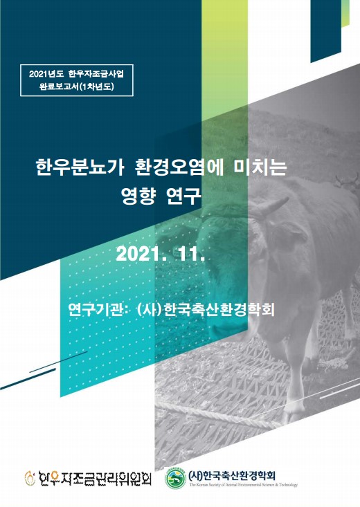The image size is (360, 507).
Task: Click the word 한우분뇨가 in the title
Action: [80, 168]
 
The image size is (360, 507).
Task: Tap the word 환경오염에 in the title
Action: [174, 168]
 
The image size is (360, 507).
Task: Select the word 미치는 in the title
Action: [258, 168]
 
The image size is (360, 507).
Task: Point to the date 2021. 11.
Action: [161, 255]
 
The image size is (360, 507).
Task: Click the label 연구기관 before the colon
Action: [96, 309]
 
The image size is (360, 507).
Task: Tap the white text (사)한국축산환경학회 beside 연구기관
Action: [206, 309]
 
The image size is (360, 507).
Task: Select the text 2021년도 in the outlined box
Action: [47, 75]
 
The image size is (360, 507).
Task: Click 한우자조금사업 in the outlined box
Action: [96, 75]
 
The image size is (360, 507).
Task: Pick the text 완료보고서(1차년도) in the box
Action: [76, 86]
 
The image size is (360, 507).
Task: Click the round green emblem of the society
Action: [175, 478]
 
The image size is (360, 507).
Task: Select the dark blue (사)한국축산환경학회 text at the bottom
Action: [232, 475]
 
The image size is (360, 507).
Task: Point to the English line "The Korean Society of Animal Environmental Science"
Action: [244, 485]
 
